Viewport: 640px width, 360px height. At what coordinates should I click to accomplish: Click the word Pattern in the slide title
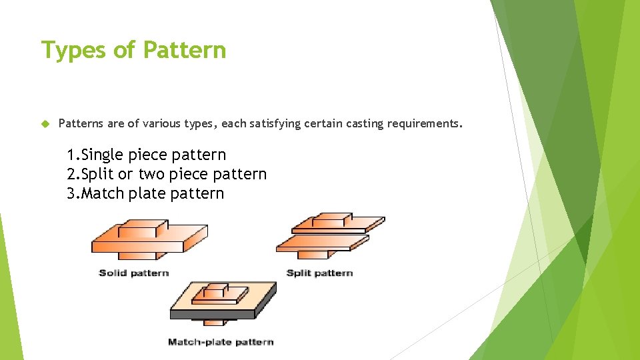click(185, 50)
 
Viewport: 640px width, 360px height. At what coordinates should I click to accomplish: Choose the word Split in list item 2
click(94, 175)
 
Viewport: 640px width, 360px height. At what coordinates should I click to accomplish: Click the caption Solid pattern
click(133, 273)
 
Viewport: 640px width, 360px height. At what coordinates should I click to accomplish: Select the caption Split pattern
click(319, 273)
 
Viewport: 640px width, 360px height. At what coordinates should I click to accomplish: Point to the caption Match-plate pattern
click(221, 342)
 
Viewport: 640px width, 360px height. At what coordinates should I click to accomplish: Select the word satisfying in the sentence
click(274, 124)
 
